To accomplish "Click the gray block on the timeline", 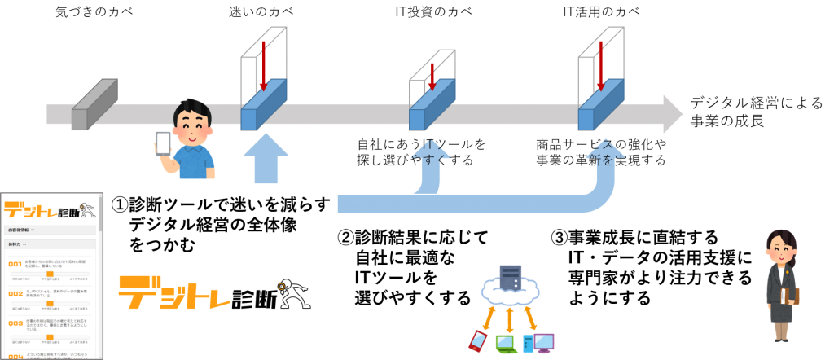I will pyautogui.click(x=94, y=107).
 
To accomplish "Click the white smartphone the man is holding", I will pyautogui.click(x=163, y=143).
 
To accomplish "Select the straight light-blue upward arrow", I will pyautogui.click(x=266, y=158).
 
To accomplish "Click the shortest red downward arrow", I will pyautogui.click(x=432, y=76).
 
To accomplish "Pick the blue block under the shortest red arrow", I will pyautogui.click(x=431, y=107).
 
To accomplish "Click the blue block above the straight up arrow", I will pyautogui.click(x=262, y=107).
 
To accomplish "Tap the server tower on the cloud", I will pyautogui.click(x=511, y=277).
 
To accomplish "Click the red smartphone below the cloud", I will pyautogui.click(x=477, y=340).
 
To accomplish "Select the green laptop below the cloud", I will pyautogui.click(x=507, y=344).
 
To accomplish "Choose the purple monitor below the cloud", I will pyautogui.click(x=543, y=342).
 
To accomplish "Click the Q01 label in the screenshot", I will pyautogui.click(x=15, y=264).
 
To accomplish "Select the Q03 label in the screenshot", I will pyautogui.click(x=15, y=323).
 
